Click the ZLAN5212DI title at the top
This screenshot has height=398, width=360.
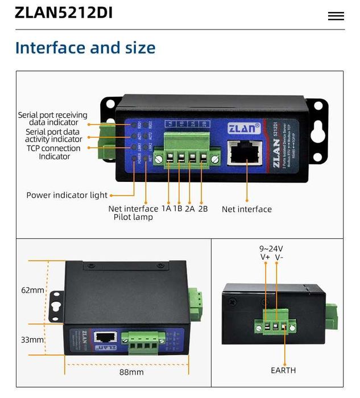pyautogui.click(x=64, y=13)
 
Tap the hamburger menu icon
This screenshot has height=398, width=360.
pyautogui.click(x=336, y=16)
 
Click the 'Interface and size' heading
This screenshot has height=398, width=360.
pyautogui.click(x=85, y=48)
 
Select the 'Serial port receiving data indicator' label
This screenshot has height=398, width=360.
pyautogui.click(x=52, y=118)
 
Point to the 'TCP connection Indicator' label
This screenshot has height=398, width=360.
pyautogui.click(x=53, y=152)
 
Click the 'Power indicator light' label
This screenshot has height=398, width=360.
pyautogui.click(x=67, y=195)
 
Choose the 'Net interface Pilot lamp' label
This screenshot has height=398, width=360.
pyautogui.click(x=133, y=213)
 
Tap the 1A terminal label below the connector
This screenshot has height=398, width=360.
pyautogui.click(x=166, y=209)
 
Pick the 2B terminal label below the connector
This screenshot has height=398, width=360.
pyautogui.click(x=202, y=209)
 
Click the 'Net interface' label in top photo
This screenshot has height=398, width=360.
pyautogui.click(x=246, y=209)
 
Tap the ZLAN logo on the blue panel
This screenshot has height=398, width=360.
pyautogui.click(x=244, y=128)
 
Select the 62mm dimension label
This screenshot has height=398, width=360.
pyautogui.click(x=32, y=290)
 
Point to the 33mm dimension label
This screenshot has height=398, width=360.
pyautogui.click(x=32, y=339)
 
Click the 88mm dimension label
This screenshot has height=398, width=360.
pyautogui.click(x=131, y=372)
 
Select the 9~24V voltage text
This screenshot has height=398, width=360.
pyautogui.click(x=271, y=248)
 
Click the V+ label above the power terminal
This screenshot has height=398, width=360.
pyautogui.click(x=265, y=258)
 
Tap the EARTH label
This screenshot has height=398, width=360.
pyautogui.click(x=283, y=370)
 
